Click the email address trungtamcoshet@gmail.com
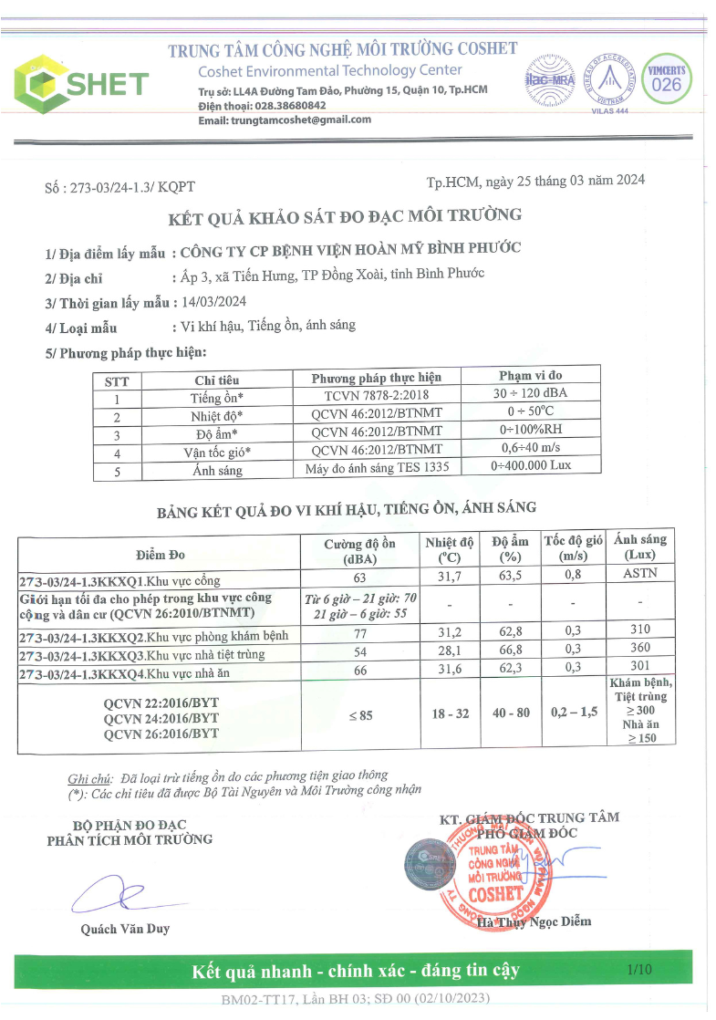click(x=285, y=120)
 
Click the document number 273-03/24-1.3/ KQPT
click(x=119, y=187)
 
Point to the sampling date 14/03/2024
click(x=213, y=302)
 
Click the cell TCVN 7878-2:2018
click(x=376, y=396)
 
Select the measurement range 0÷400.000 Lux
click(x=531, y=465)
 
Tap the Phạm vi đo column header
click(x=531, y=375)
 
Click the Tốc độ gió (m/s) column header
click(x=573, y=547)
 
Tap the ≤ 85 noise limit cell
click(x=359, y=715)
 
